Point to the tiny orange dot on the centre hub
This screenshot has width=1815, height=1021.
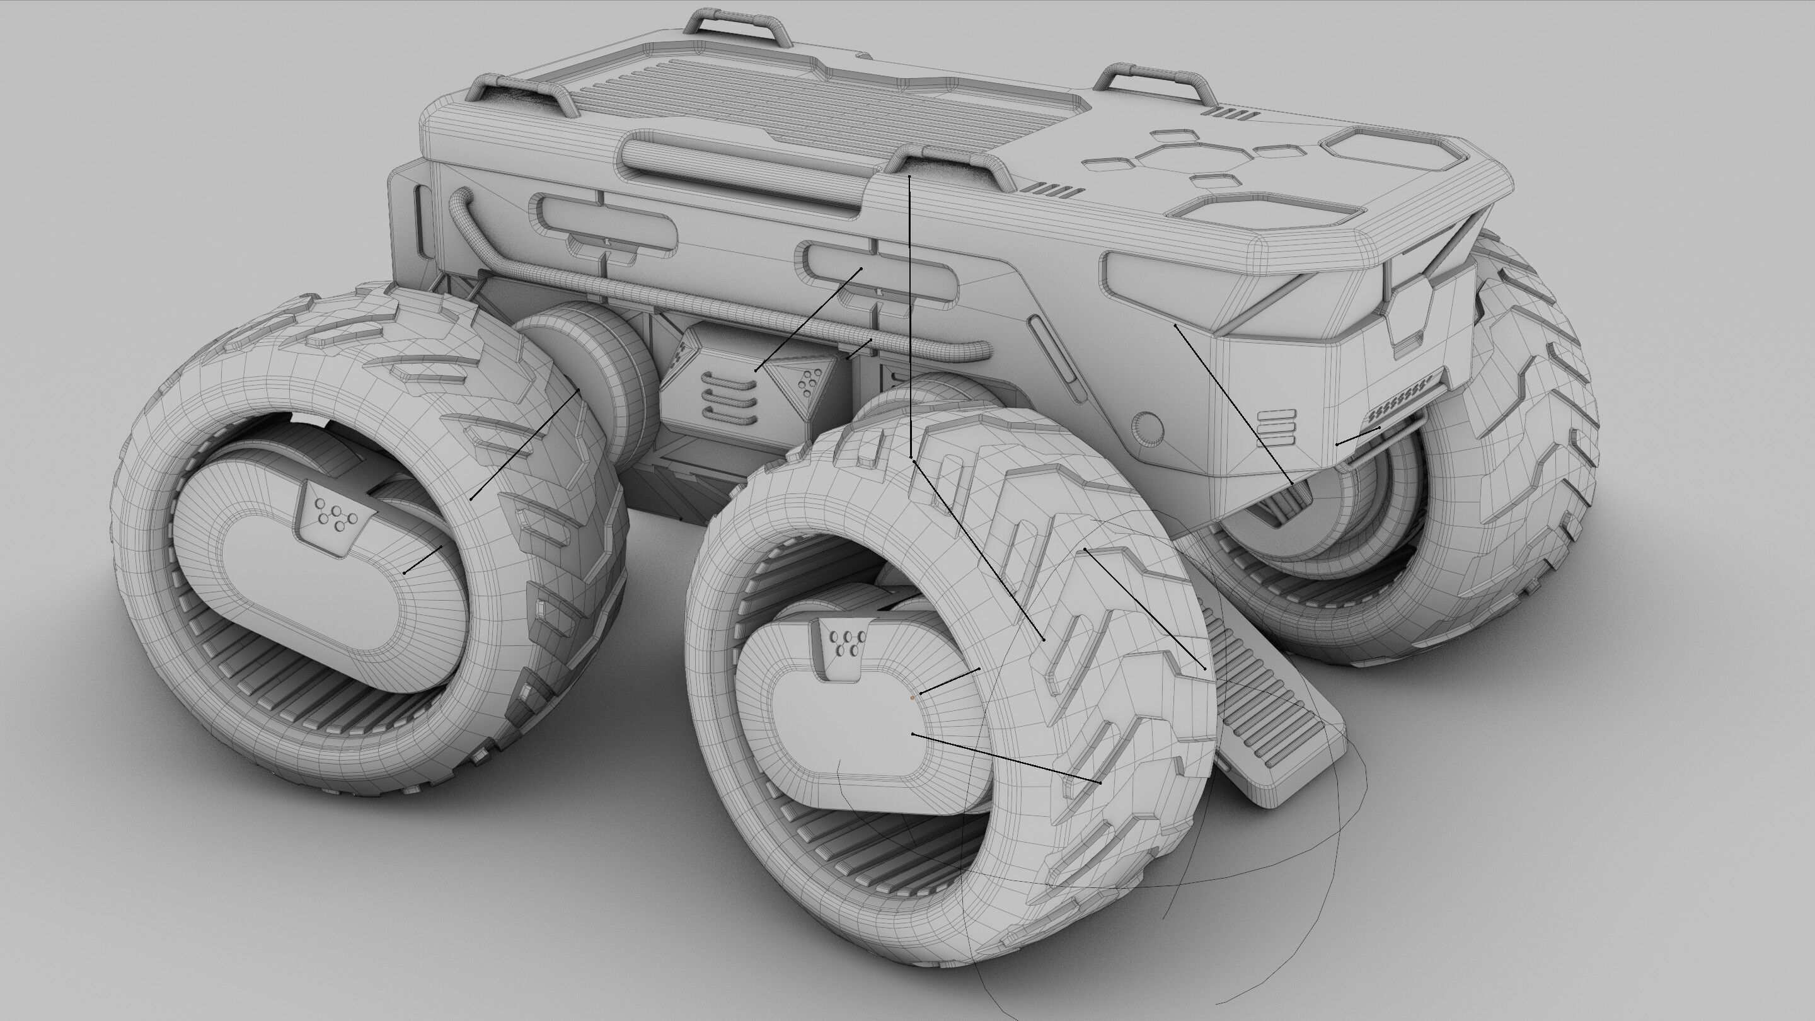pos(913,698)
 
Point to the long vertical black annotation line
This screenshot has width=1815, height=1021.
pos(909,317)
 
